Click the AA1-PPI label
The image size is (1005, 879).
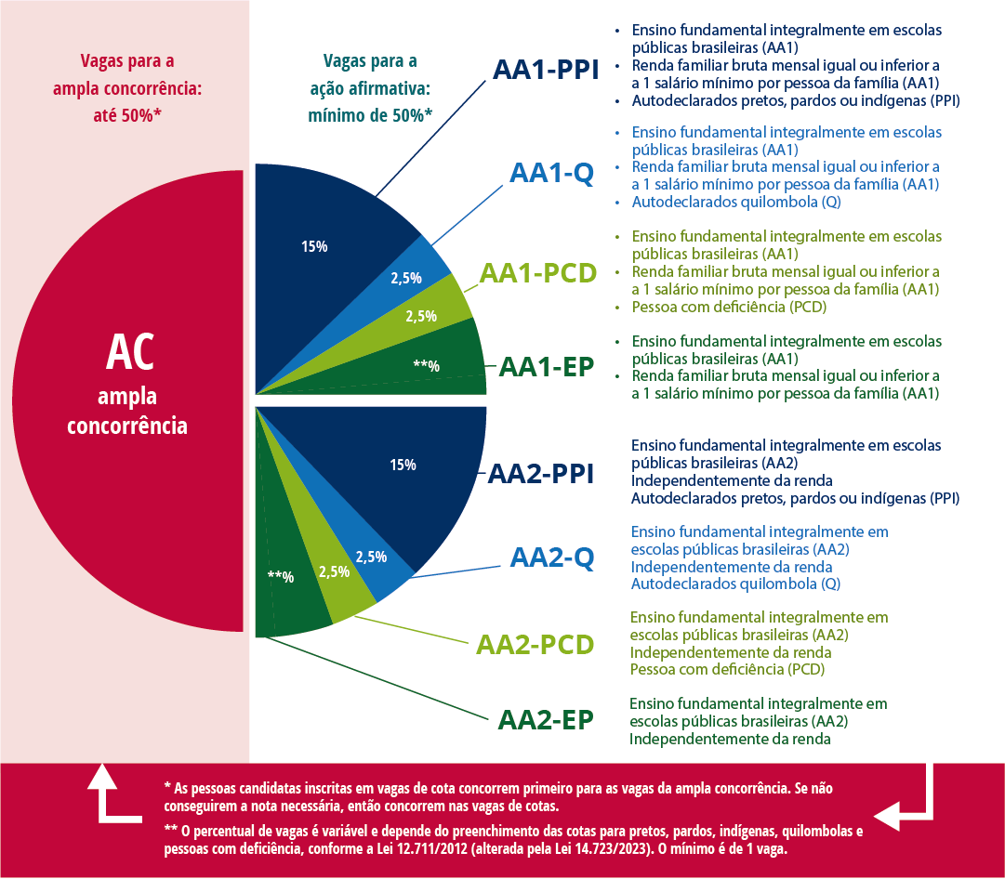(546, 71)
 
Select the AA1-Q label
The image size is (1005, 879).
(551, 174)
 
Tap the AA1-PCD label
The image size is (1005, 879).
(537, 273)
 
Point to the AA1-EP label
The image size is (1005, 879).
(547, 366)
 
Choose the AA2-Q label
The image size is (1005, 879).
(551, 558)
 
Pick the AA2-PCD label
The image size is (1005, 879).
(535, 644)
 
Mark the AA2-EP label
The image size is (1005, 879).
(546, 720)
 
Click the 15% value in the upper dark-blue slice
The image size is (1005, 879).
(314, 247)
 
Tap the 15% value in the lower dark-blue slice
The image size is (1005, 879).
(403, 465)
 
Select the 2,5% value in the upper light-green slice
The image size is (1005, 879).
(421, 316)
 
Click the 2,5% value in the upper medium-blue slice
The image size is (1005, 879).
(405, 277)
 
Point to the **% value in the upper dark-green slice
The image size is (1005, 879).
(426, 365)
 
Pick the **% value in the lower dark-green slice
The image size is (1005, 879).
(280, 577)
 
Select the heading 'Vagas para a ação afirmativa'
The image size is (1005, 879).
(370, 89)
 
